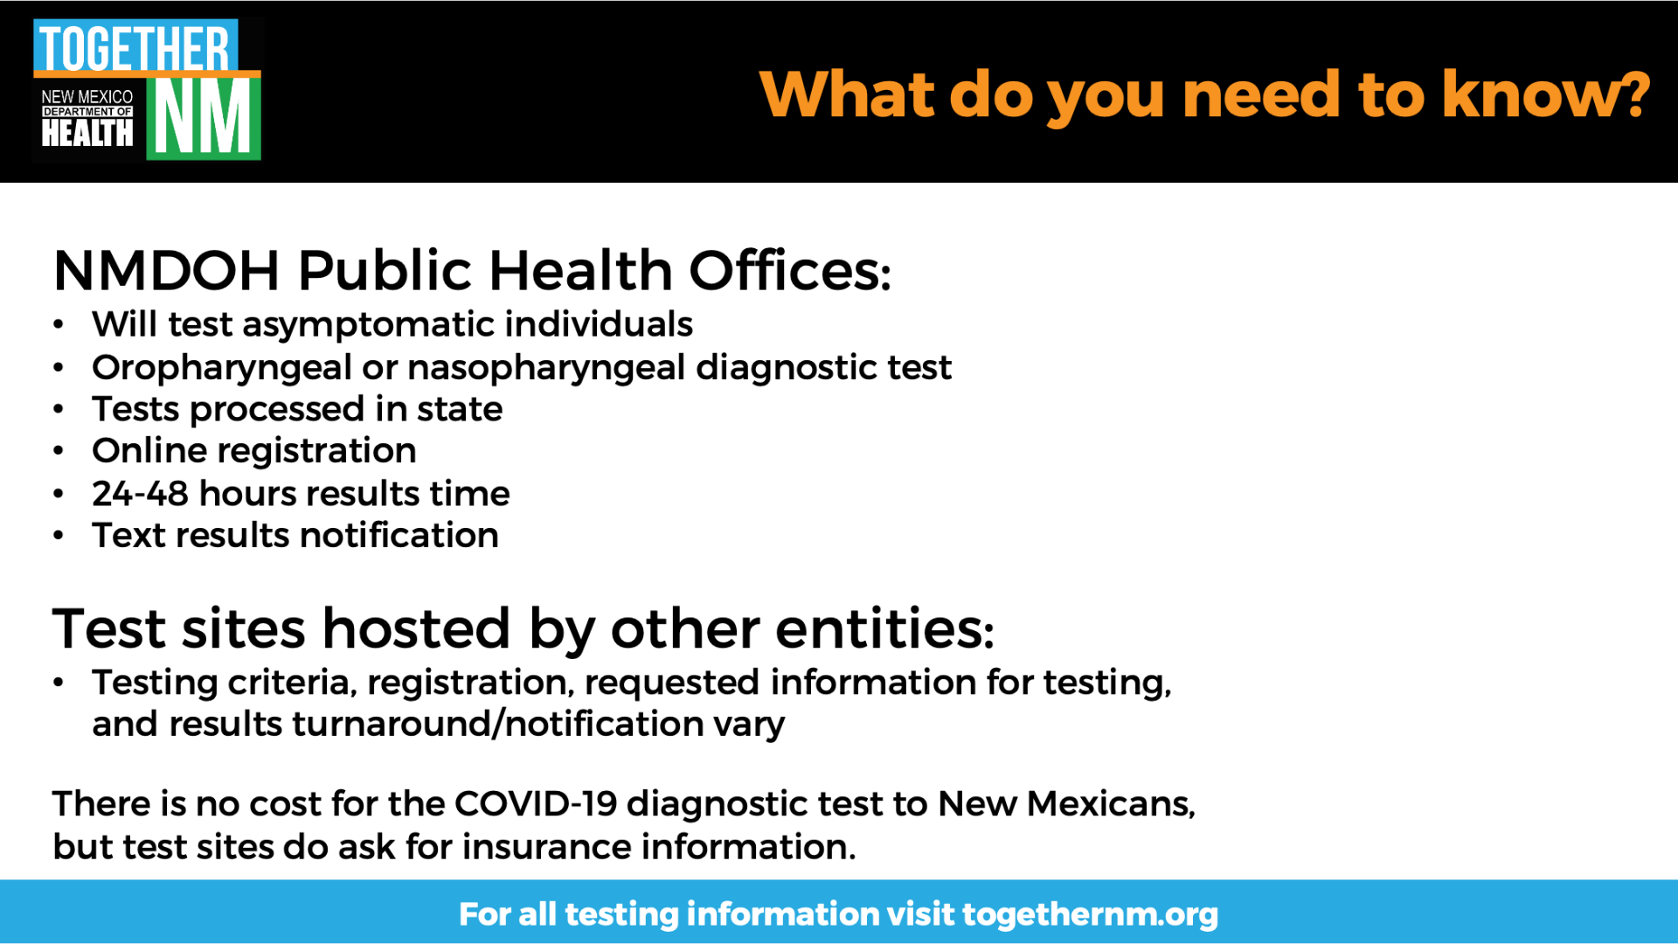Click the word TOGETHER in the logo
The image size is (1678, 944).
[135, 48]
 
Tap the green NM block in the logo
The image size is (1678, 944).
[204, 118]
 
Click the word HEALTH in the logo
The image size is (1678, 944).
[87, 133]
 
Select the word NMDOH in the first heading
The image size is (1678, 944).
[166, 270]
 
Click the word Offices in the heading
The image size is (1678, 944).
[789, 270]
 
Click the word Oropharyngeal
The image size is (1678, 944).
[222, 369]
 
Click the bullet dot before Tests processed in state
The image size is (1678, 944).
[59, 409]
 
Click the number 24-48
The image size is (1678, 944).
[140, 494]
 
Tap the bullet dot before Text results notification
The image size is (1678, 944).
[59, 535]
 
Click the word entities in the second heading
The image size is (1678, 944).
[884, 628]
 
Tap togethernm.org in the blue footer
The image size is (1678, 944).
[1090, 914]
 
